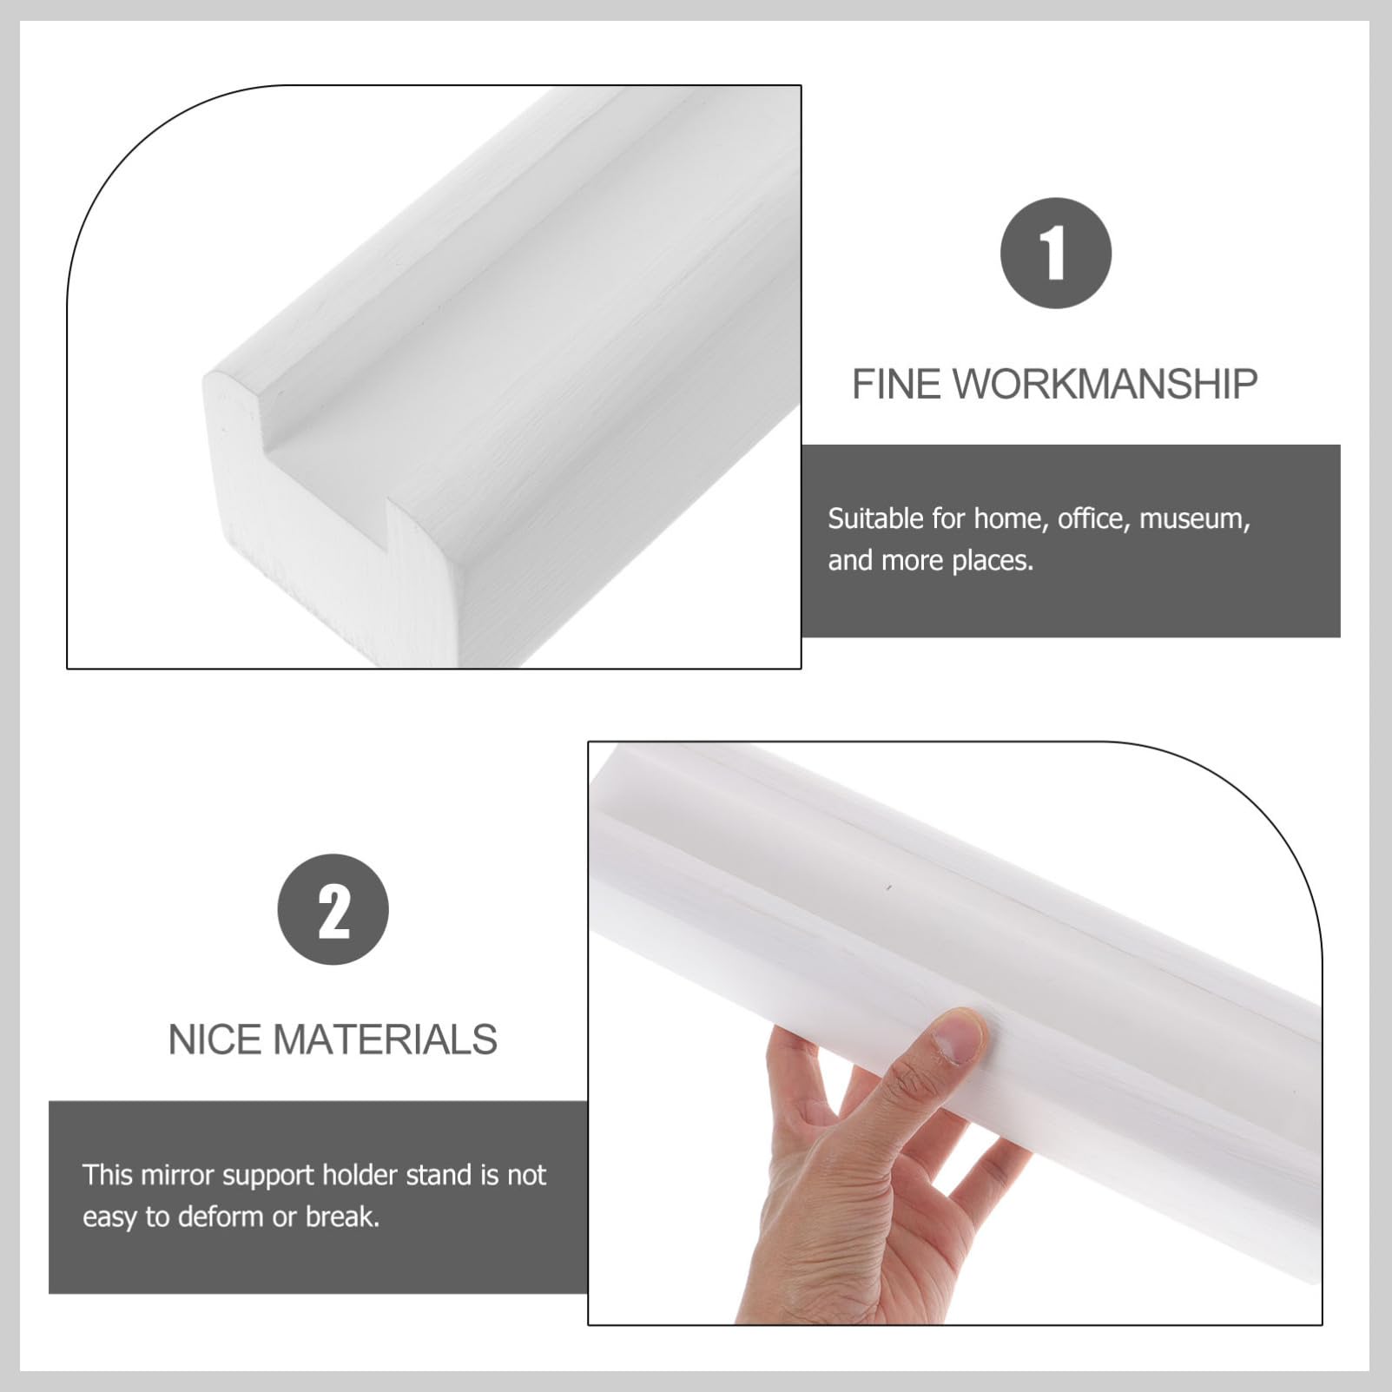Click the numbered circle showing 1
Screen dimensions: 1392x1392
1055,253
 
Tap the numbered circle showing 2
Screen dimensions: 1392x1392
333,909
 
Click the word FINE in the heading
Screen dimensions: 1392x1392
896,384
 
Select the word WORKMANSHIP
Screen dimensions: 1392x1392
1105,384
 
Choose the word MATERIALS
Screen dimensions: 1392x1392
386,1039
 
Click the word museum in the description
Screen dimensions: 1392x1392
1194,519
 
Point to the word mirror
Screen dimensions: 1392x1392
178,1175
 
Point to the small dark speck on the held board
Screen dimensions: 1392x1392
889,887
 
